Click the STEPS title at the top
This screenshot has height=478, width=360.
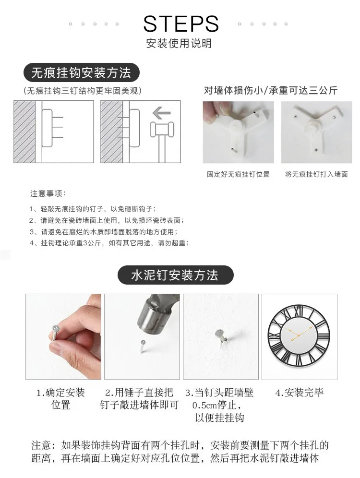[x=181, y=24]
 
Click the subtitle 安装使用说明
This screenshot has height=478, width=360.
[x=179, y=43]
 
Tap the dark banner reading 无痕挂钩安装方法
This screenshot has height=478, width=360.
[x=82, y=72]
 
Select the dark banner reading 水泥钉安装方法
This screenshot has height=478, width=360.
[x=175, y=275]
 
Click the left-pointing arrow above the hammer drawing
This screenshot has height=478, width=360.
[x=161, y=113]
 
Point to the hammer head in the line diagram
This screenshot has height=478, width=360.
[x=162, y=129]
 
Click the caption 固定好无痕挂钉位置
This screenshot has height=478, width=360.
[x=239, y=174]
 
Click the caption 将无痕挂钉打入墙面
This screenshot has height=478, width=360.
[x=316, y=174]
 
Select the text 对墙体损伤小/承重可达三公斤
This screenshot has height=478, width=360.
[x=271, y=90]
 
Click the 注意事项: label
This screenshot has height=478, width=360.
[x=48, y=193]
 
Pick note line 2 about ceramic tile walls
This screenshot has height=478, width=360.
[x=107, y=220]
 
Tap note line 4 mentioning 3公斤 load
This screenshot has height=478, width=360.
[x=109, y=243]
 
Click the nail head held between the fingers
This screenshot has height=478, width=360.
[x=56, y=328]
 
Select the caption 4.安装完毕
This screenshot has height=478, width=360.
[x=300, y=393]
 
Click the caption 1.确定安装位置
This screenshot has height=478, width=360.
[x=60, y=398]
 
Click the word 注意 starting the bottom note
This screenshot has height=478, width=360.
[x=41, y=445]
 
